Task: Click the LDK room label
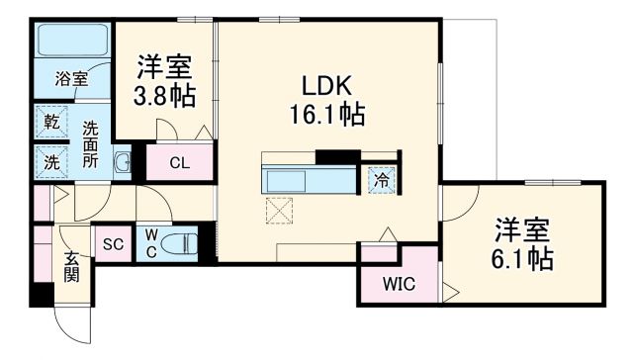pyautogui.click(x=327, y=85)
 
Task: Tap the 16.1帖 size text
pyautogui.click(x=327, y=114)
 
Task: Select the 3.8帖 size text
pyautogui.click(x=164, y=97)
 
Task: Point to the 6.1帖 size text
pyautogui.click(x=523, y=259)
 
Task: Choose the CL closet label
pyautogui.click(x=179, y=163)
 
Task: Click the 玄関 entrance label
pyautogui.click(x=72, y=266)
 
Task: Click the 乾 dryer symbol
pyautogui.click(x=50, y=123)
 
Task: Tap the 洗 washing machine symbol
pyautogui.click(x=50, y=160)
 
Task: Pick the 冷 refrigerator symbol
pyautogui.click(x=380, y=179)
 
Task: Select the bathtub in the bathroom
pyautogui.click(x=71, y=42)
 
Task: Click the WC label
pyautogui.click(x=152, y=242)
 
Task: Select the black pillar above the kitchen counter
pyautogui.click(x=337, y=155)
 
